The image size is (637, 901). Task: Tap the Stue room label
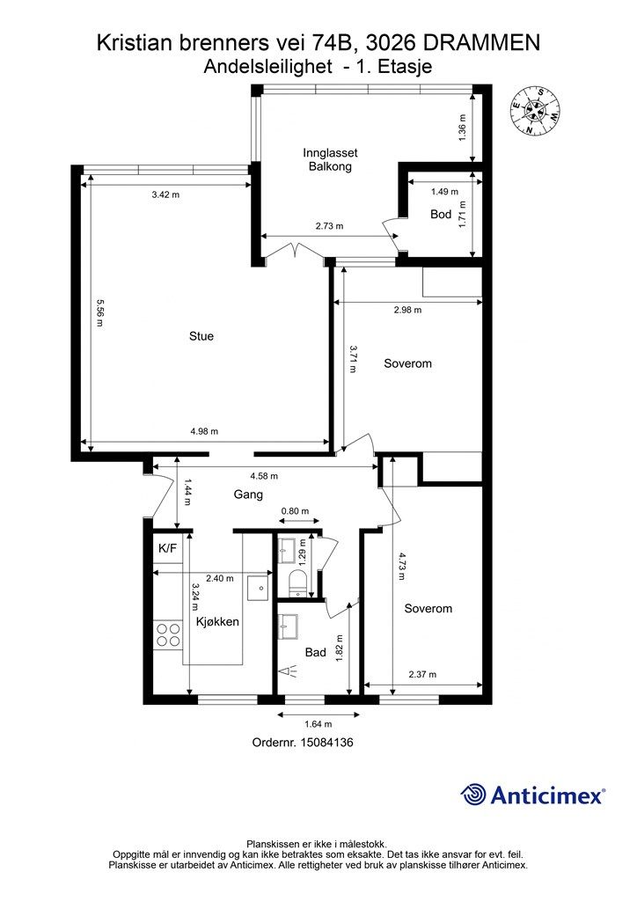201,336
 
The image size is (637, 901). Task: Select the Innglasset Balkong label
330,160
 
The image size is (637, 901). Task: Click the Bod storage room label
441,215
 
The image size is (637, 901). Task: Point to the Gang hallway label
248,494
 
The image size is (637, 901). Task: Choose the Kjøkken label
217,621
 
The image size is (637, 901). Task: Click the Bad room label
315,652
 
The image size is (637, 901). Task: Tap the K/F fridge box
168,549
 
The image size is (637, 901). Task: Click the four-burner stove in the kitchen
168,634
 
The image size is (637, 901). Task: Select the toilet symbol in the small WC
297,583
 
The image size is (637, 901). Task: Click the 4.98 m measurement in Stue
204,431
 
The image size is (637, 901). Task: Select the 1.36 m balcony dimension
463,128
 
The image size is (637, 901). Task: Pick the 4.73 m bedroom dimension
402,567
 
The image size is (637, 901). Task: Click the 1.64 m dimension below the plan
318,724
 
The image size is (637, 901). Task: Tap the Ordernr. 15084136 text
303,743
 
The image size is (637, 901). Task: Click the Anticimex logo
532,795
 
